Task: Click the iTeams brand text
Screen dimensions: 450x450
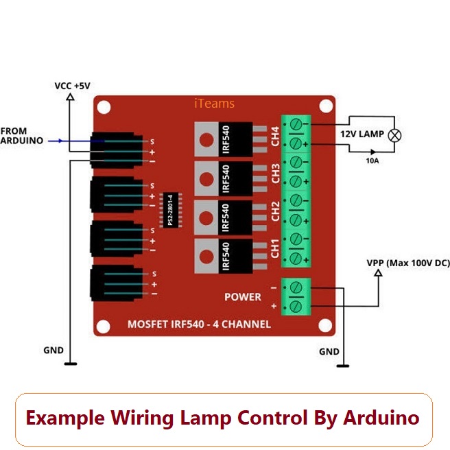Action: pos(215,104)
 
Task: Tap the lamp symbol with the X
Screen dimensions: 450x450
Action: pos(394,134)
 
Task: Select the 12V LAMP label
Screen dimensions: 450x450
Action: pos(362,134)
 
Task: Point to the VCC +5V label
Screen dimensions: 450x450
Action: pos(72,86)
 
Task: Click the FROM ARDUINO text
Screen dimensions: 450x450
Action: pos(22,135)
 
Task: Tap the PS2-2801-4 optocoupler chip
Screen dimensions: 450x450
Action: pos(170,210)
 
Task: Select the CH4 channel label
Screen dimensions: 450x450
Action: pos(276,135)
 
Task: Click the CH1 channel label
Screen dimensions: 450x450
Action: pos(276,248)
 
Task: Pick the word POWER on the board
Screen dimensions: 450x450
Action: pos(243,296)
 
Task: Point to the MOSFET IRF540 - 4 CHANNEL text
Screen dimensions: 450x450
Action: pos(199,324)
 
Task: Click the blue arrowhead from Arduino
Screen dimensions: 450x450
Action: pos(63,141)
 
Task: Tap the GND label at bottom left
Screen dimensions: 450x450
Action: pos(53,350)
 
